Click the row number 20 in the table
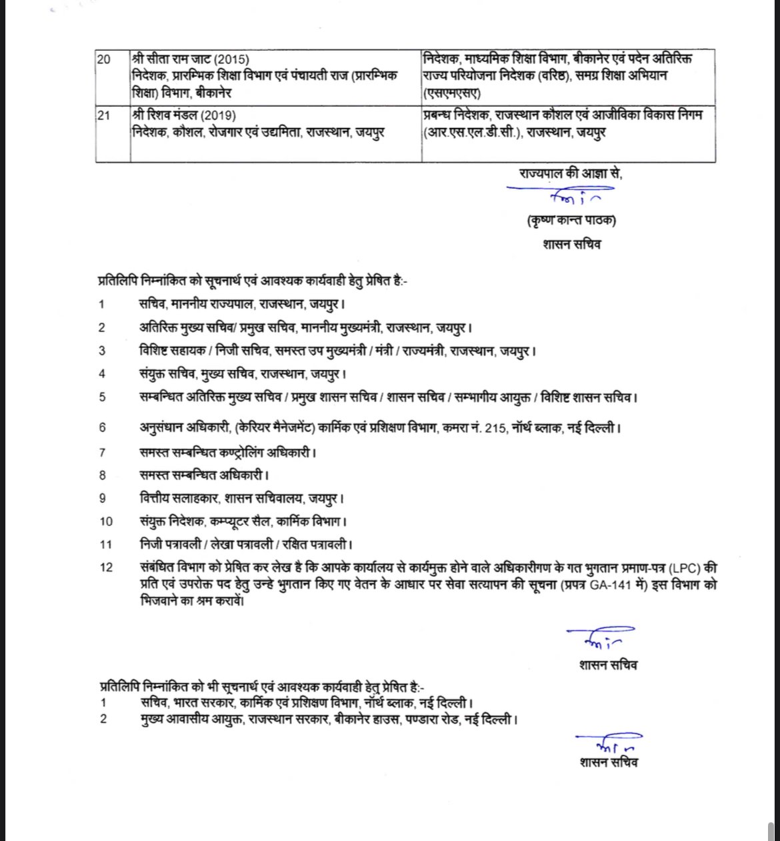coord(103,59)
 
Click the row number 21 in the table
coord(103,116)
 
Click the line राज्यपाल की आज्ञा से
coord(570,173)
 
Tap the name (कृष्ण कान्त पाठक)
coord(570,221)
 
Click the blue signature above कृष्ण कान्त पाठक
coord(567,196)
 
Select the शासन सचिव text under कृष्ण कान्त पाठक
coord(571,245)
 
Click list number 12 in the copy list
coord(106,568)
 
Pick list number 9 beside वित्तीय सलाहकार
coord(102,498)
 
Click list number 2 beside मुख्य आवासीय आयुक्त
coord(103,720)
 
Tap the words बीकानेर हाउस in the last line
coord(365,720)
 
